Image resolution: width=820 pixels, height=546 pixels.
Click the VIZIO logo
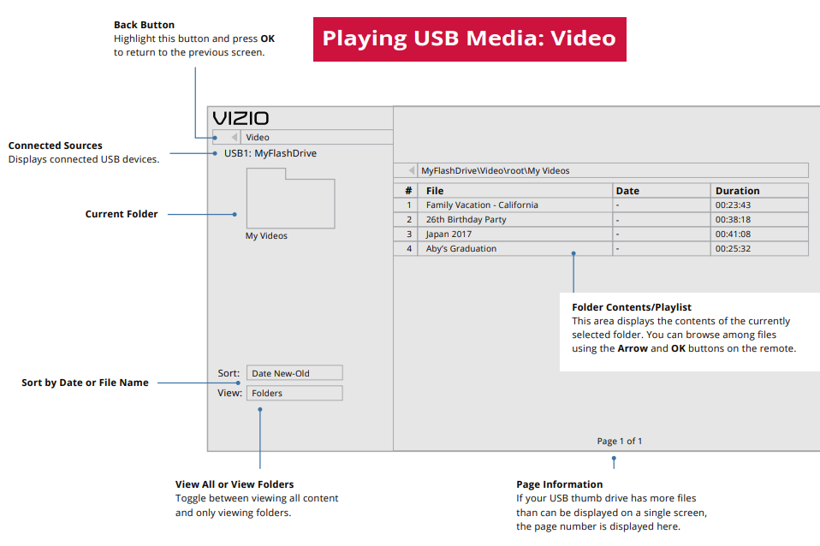(x=241, y=118)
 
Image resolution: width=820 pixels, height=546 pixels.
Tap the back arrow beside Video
(x=235, y=137)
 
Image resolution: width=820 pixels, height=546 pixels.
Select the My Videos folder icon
(x=290, y=199)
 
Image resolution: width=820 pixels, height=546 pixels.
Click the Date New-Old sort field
(x=294, y=373)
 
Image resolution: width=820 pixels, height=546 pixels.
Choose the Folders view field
(x=294, y=394)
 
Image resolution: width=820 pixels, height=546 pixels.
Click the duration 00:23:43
(x=733, y=205)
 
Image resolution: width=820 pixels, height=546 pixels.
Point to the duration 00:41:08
(x=733, y=234)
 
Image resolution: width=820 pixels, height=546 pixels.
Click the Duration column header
(x=738, y=191)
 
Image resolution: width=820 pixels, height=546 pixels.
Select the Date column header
(x=627, y=191)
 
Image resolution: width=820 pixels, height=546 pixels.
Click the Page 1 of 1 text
(x=620, y=442)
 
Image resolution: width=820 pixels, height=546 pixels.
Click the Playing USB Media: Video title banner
(x=469, y=39)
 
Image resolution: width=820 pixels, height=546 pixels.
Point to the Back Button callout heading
(x=144, y=26)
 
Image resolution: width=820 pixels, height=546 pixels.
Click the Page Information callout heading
(x=560, y=485)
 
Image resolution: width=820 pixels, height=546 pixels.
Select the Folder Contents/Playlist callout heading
(x=632, y=307)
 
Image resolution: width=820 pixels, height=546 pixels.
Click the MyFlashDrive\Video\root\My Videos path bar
(x=495, y=171)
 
